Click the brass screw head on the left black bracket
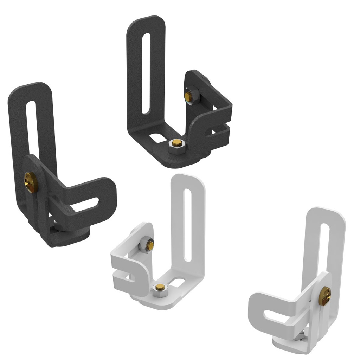click(30, 182)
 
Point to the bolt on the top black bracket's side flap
click(188, 96)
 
